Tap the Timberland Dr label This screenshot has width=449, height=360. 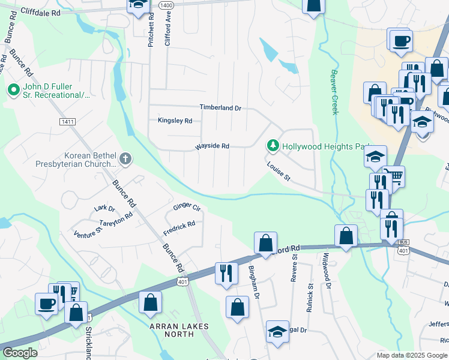tap(220, 108)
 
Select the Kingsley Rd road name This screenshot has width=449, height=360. tap(175, 121)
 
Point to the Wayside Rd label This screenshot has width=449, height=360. tap(212, 146)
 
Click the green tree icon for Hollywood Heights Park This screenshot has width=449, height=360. tap(273, 146)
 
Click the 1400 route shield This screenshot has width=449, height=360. tap(167, 5)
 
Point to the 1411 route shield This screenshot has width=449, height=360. tap(67, 122)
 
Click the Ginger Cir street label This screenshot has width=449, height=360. tap(186, 207)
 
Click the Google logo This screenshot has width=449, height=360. tap(19, 353)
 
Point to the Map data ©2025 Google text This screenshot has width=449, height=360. tap(412, 355)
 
